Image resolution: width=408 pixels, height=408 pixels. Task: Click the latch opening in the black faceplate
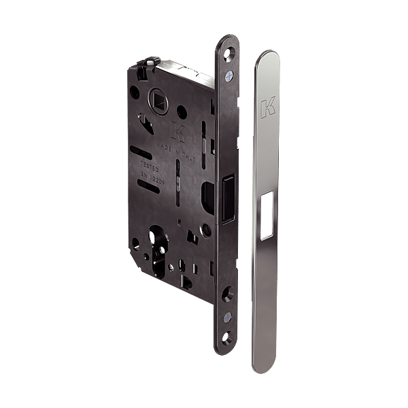tap(226, 201)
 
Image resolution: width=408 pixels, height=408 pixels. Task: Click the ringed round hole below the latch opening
tap(207, 231)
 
